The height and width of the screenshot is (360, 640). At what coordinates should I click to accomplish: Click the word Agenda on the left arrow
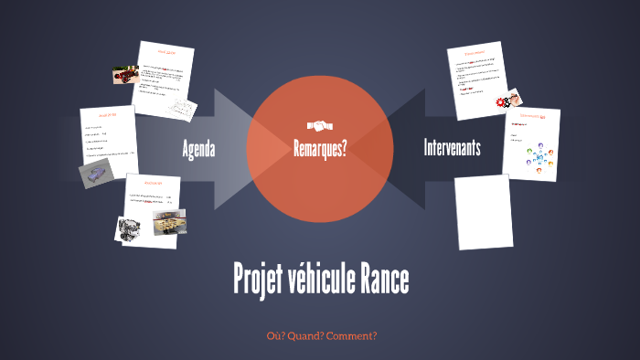point(198,148)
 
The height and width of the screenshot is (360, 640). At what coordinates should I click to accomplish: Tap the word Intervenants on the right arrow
point(452,148)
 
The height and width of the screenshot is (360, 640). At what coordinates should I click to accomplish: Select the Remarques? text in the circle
point(320,148)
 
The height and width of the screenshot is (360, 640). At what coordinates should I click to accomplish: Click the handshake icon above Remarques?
point(320,125)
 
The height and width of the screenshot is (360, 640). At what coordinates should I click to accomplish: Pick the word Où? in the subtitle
point(273,335)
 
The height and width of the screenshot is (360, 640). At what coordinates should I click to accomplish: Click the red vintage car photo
point(124,76)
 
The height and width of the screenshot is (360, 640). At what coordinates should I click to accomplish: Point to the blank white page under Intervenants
point(484,211)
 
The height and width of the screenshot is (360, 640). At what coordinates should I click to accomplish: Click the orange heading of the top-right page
point(475,53)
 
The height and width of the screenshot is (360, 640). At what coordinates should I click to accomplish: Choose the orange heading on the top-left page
point(165,52)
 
